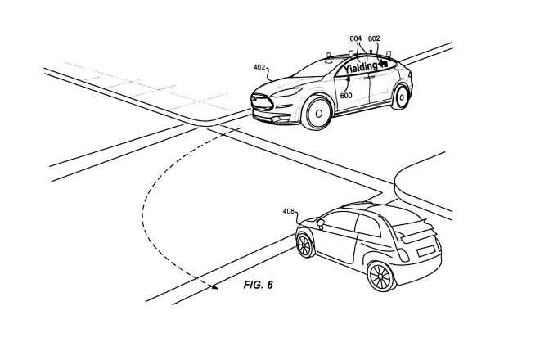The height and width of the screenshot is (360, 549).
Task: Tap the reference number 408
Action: pos(288,211)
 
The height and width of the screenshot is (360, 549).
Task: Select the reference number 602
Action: pos(375,38)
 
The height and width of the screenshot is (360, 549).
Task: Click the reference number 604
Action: pos(355,38)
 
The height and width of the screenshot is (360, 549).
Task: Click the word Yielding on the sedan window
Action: pos(361,69)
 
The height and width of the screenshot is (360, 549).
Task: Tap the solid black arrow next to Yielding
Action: pos(383,62)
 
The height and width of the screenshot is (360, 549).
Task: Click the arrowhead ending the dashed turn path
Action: pos(214,286)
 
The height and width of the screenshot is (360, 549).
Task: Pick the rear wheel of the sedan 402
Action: pos(402,97)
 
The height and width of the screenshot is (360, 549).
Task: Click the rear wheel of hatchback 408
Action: pos(380,276)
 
